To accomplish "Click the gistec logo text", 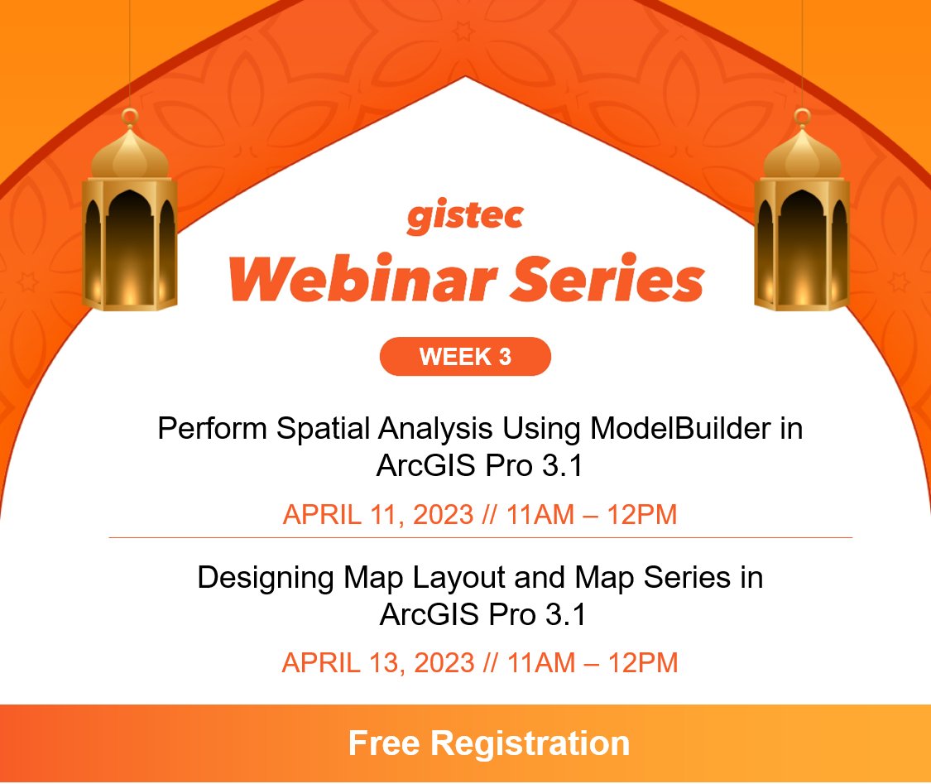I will click(x=464, y=217).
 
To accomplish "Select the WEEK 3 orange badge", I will click(x=465, y=357).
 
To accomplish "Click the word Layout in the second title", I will click(x=430, y=577).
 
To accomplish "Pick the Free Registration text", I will click(x=488, y=743).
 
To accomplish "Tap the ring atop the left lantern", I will click(x=130, y=117).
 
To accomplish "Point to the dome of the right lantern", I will click(x=801, y=153).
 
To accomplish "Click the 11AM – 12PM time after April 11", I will click(x=592, y=514).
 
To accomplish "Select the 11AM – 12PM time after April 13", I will click(x=593, y=662).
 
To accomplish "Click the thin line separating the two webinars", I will click(x=480, y=538).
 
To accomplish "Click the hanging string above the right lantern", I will click(x=801, y=50).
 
